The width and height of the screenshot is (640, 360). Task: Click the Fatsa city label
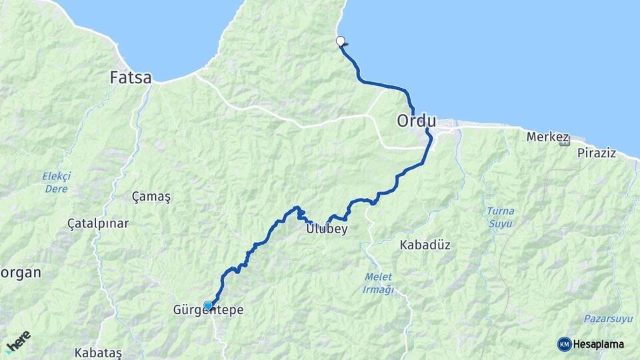tap(131, 78)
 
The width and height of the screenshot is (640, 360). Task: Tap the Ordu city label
tap(416, 121)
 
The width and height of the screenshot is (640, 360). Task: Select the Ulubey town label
tap(327, 229)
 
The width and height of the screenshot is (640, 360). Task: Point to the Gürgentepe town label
tap(208, 311)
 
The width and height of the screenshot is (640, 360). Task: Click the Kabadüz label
tap(425, 245)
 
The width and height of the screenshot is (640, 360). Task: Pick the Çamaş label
tap(151, 197)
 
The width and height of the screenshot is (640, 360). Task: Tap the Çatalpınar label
tap(98, 223)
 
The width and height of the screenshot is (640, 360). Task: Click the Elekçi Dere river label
tap(56, 182)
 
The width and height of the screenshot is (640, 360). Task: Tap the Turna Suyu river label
tap(500, 217)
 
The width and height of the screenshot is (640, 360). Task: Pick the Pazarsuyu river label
tap(607, 319)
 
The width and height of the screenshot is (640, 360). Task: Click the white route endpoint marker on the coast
tap(341, 41)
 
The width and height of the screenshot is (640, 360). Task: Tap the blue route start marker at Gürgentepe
tap(208, 305)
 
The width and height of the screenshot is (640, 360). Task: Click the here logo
tap(18, 341)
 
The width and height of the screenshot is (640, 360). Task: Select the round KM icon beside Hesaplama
tap(564, 344)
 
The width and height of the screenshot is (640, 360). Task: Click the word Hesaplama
tap(599, 344)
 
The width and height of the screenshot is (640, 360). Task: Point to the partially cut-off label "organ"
tap(20, 273)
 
